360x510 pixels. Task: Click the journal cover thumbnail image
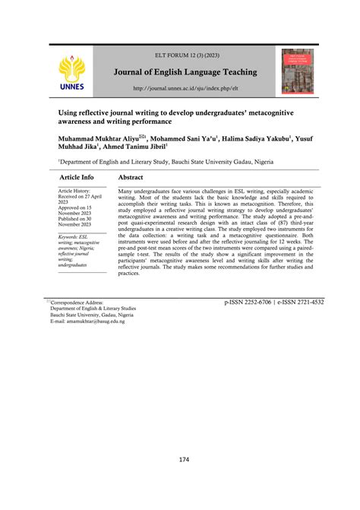297,71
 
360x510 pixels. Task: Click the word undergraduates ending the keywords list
72,265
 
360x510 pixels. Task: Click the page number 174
184,459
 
